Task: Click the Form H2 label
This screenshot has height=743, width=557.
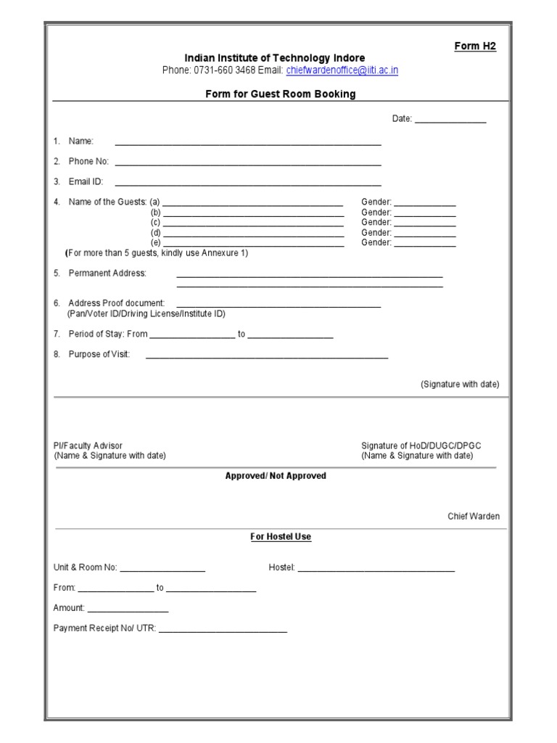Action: (475, 46)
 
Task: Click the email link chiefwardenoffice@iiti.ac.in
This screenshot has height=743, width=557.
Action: (342, 70)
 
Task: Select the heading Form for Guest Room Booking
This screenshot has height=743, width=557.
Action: (280, 94)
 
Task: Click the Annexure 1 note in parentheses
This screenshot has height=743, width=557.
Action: (157, 253)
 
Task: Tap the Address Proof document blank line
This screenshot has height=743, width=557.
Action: (278, 305)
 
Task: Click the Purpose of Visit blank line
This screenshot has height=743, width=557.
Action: (267, 356)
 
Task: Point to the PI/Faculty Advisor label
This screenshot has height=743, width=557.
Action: (88, 446)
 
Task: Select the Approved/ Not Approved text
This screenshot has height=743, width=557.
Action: (276, 476)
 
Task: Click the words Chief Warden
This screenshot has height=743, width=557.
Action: (473, 517)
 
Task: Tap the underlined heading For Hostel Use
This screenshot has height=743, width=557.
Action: (281, 537)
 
